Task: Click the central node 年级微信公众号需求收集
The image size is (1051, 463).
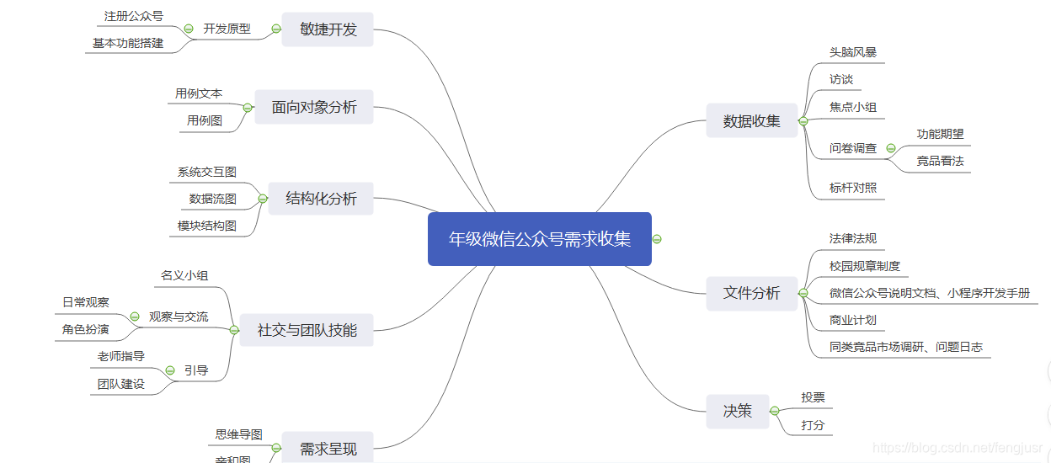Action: pos(539,239)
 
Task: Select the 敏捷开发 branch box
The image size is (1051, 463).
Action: pos(328,29)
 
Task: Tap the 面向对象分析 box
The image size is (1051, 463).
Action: pos(314,107)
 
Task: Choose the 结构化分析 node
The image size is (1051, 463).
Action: pos(321,199)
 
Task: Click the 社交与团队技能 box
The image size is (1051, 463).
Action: pos(307,330)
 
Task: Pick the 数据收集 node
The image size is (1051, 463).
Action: pos(751,121)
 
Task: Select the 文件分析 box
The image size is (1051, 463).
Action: pos(751,293)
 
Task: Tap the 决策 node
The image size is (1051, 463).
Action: pos(737,412)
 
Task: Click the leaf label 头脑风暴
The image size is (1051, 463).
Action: pos(852,52)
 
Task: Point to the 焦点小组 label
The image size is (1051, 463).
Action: pos(852,107)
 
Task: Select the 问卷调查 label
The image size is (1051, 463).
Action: pos(852,148)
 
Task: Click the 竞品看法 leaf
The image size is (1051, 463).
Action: pos(940,161)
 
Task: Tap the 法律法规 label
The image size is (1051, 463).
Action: pos(852,238)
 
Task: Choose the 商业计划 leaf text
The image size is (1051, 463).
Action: pos(852,320)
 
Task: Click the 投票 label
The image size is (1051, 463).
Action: pos(813,397)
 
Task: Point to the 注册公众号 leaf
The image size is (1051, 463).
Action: pos(133,16)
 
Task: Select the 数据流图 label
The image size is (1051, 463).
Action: pos(212,199)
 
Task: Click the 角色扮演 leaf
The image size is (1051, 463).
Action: pos(85,329)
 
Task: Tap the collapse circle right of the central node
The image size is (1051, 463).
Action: pos(657,239)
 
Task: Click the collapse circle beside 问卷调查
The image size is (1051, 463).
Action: pos(891,148)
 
